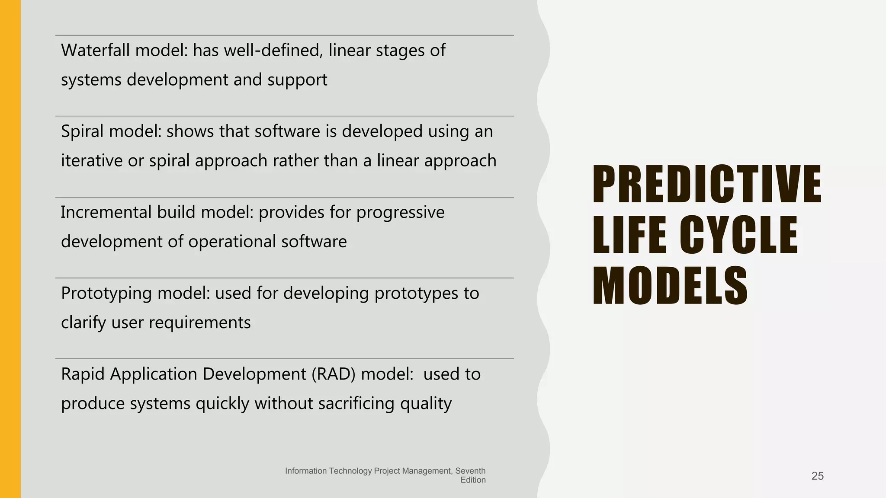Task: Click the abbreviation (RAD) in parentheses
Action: [x=333, y=374]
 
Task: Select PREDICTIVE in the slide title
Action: [x=706, y=185]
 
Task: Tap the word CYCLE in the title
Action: [x=739, y=235]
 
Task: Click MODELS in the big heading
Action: [x=670, y=286]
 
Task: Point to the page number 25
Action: [x=817, y=476]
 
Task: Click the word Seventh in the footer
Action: [x=470, y=471]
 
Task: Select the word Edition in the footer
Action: [x=473, y=480]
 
